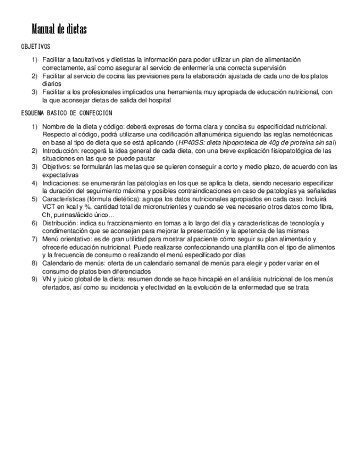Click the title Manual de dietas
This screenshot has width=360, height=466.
point(59,30)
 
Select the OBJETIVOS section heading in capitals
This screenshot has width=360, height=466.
point(35,47)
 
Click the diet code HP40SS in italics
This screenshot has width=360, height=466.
point(191,142)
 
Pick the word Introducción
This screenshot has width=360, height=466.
point(60,150)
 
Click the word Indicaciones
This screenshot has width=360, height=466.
point(60,182)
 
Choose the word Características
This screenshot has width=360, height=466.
point(64,199)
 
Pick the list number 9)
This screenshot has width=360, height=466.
point(34,279)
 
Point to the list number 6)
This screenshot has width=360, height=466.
point(34,223)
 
